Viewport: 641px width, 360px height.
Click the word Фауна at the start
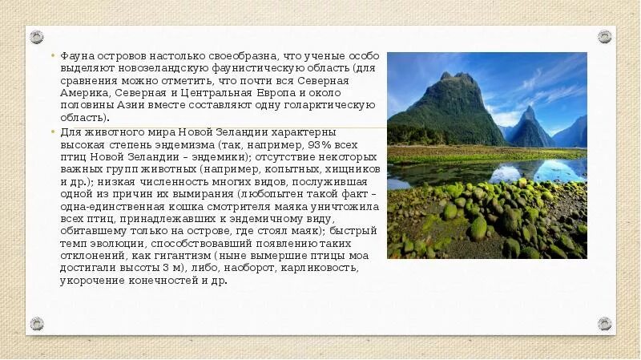click(x=76, y=57)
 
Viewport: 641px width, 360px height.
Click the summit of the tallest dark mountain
click(x=447, y=75)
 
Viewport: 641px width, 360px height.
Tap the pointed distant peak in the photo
click(x=528, y=109)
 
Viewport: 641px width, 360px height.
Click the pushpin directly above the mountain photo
click(x=604, y=37)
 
